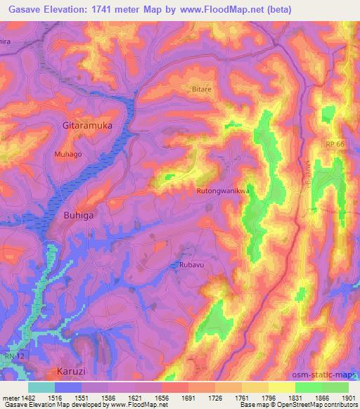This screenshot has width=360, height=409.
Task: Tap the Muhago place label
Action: tap(68, 152)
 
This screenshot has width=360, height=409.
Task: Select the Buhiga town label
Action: tap(79, 216)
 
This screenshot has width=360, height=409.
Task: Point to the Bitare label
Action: tap(202, 90)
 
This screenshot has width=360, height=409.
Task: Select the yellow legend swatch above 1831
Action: tap(282, 387)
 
